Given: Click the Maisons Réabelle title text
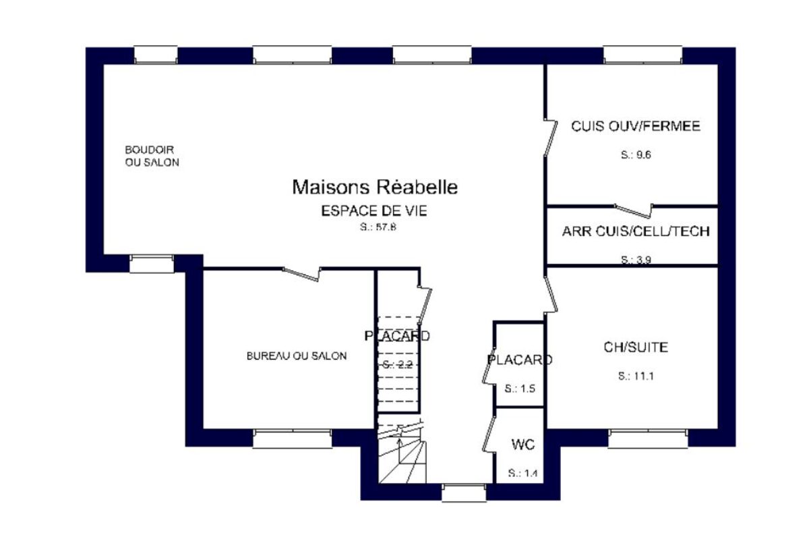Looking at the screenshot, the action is click(x=375, y=188).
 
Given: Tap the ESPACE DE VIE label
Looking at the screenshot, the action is click(x=374, y=210).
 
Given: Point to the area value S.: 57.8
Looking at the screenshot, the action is click(x=378, y=227).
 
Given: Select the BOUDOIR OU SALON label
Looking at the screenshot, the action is click(x=152, y=157).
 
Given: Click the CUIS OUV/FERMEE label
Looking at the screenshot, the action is click(x=636, y=126).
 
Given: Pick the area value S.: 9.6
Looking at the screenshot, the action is click(x=636, y=154).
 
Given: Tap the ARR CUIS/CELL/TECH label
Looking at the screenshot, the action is click(x=636, y=231).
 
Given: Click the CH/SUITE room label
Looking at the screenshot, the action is click(x=636, y=347).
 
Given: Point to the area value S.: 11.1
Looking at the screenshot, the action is click(x=636, y=376).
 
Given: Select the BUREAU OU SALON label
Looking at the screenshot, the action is click(x=297, y=356).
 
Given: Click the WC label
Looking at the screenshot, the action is click(x=523, y=445).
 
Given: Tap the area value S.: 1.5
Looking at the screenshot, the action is click(x=520, y=389).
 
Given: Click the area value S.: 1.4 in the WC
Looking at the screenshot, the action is click(x=522, y=473).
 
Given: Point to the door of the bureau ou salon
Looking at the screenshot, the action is click(x=301, y=274).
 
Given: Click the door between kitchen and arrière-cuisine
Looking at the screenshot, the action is click(x=634, y=210).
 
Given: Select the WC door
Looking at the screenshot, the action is click(x=489, y=434).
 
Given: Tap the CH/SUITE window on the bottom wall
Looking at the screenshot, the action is click(x=648, y=439).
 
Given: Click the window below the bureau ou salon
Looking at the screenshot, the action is click(x=292, y=439).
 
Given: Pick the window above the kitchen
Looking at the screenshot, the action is click(x=642, y=55).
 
